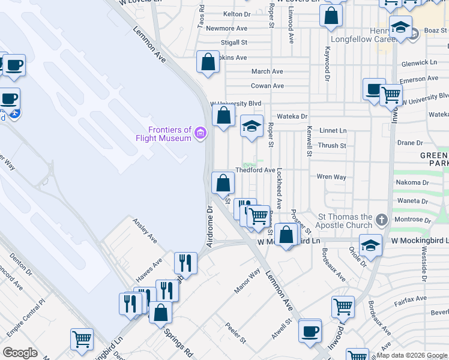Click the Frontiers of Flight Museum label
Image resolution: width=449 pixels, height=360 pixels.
170,134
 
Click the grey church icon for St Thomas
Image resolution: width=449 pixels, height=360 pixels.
380,218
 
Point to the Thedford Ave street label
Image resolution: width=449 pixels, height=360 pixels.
255,170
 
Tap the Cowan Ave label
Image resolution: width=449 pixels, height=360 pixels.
267,86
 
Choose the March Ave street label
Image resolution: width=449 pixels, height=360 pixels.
267,71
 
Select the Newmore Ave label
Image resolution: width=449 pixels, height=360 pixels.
226,28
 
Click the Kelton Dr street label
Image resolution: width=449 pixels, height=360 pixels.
236,14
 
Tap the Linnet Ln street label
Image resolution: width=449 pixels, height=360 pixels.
334,130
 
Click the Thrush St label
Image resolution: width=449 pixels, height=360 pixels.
332,145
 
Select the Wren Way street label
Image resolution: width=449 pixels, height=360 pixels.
332,177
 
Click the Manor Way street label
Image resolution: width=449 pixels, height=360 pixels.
247,281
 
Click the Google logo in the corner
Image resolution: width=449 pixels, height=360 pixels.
20,353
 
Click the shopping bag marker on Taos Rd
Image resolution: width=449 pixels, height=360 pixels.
208,62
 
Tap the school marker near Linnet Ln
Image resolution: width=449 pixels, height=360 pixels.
252,127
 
